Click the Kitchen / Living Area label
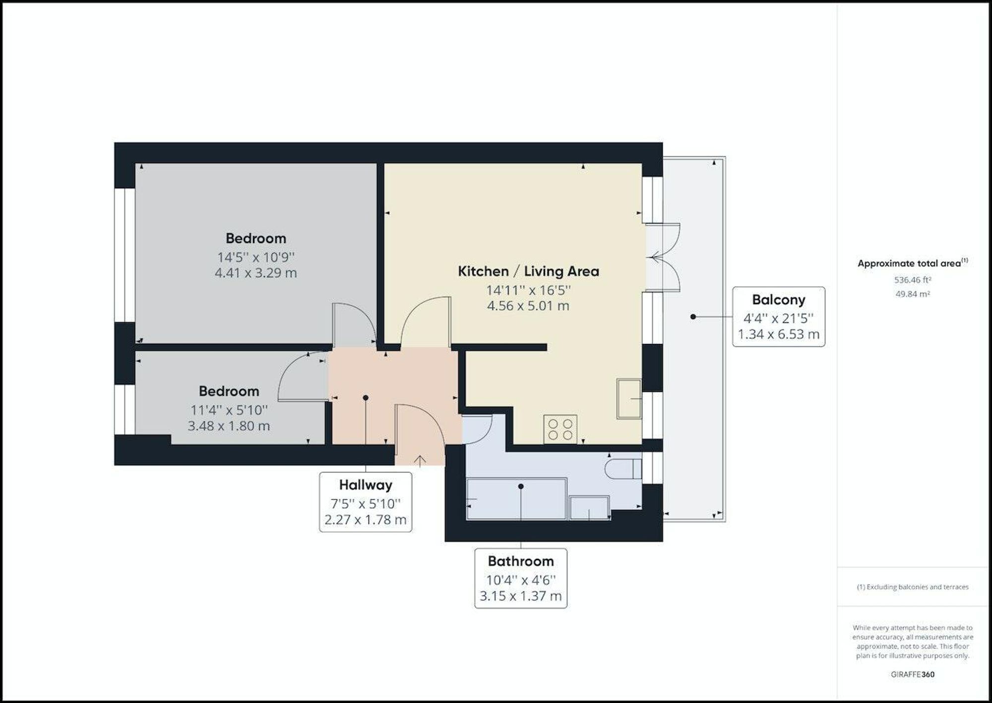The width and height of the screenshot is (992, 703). (528, 272)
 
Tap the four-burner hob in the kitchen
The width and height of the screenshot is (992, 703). (560, 429)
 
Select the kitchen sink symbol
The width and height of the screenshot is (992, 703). (629, 398)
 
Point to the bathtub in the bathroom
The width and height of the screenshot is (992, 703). (516, 499)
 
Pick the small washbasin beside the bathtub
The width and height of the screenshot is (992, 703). (589, 508)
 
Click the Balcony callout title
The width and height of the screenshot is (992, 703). (779, 300)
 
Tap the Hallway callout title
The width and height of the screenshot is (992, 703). (366, 485)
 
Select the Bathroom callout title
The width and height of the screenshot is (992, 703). (521, 562)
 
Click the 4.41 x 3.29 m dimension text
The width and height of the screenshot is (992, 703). (256, 273)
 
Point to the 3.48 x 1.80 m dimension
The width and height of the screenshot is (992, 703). (229, 426)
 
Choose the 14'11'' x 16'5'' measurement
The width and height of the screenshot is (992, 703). (528, 290)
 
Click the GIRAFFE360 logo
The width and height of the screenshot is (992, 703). (913, 674)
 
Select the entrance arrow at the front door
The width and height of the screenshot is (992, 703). (420, 461)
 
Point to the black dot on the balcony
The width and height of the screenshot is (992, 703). (693, 317)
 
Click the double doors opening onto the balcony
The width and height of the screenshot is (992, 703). (663, 257)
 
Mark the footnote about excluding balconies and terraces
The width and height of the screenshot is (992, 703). (913, 587)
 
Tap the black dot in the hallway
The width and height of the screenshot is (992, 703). (366, 398)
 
